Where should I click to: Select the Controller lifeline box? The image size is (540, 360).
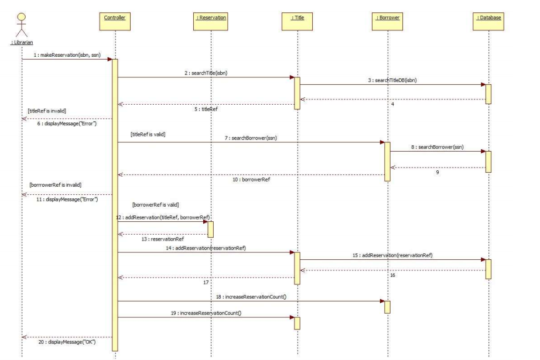[115, 18]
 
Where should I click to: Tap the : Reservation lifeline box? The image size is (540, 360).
[211, 18]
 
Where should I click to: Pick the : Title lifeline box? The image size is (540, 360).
[297, 18]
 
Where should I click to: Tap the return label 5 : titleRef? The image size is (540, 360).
[206, 110]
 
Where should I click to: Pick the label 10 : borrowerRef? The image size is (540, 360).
[252, 180]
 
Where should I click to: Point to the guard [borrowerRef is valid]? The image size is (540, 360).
[155, 205]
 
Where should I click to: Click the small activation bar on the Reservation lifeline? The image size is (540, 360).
[210, 229]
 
